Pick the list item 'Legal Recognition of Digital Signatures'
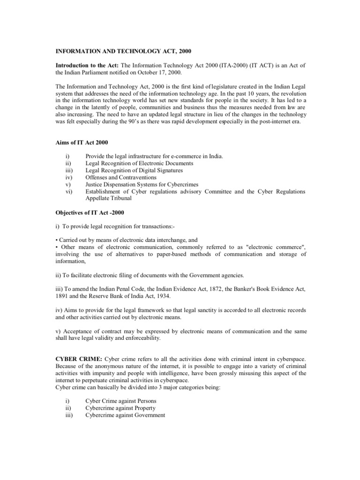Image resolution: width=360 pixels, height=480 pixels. coord(134,170)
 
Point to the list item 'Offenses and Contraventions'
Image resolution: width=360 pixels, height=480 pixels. coord(121,177)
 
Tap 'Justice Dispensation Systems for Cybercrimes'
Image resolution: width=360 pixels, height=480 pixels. coord(142,184)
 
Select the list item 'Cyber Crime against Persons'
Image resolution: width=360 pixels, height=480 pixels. coord(121,401)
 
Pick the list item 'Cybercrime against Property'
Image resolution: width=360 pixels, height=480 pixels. coord(120,408)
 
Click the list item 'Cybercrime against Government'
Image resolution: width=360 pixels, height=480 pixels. coord(125,415)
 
